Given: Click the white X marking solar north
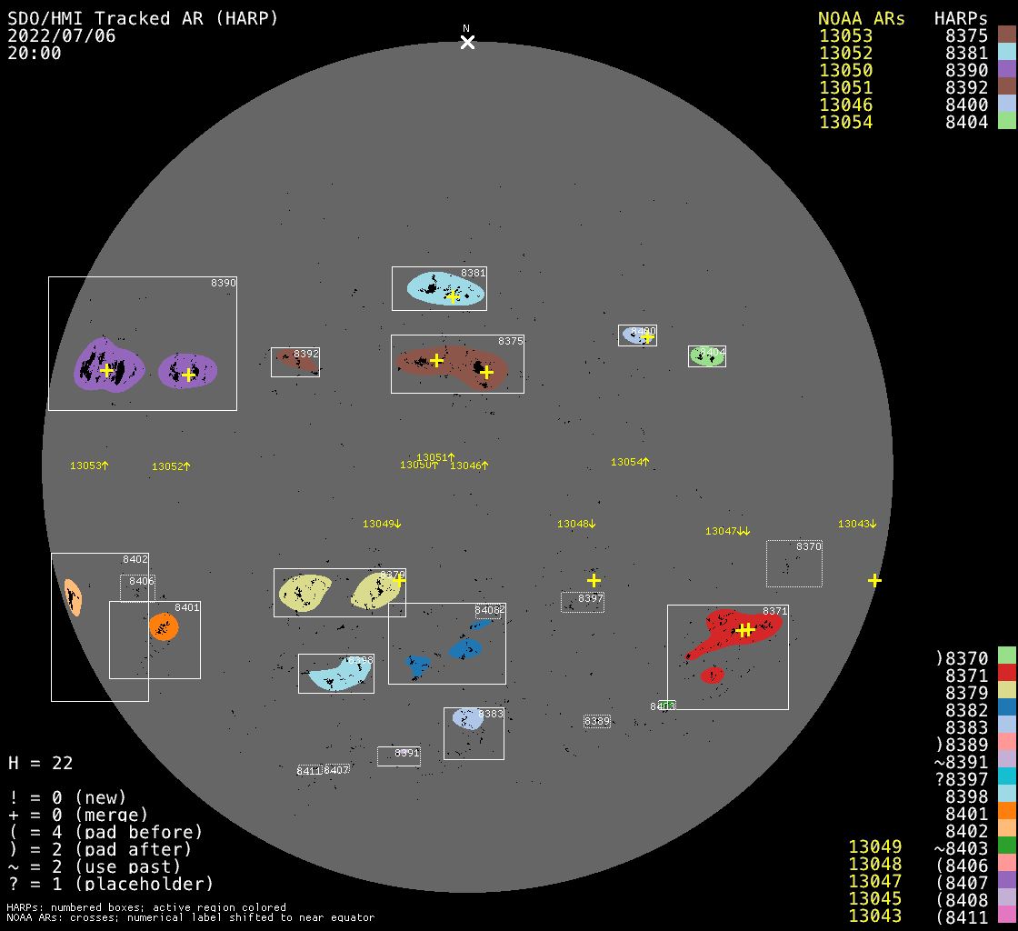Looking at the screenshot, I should pyautogui.click(x=467, y=43).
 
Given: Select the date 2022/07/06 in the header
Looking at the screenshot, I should pyautogui.click(x=62, y=36).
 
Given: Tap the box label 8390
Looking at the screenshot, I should pyautogui.click(x=223, y=284).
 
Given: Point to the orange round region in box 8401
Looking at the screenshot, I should pyautogui.click(x=164, y=626).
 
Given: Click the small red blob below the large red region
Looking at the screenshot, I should pyautogui.click(x=713, y=675).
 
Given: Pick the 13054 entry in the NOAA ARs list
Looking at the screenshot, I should pyautogui.click(x=845, y=122).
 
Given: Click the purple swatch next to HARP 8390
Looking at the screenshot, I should pyautogui.click(x=1006, y=70).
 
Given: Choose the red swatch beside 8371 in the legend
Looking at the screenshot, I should pyautogui.click(x=1006, y=673).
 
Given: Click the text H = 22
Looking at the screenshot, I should pyautogui.click(x=40, y=764).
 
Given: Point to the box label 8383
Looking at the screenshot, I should pyautogui.click(x=491, y=715).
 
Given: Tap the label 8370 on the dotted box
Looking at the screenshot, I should pyautogui.click(x=808, y=547).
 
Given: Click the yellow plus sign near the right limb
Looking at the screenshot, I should pyautogui.click(x=874, y=580).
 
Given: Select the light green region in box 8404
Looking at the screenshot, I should pyautogui.click(x=706, y=357).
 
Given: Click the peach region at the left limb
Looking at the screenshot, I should pyautogui.click(x=73, y=597).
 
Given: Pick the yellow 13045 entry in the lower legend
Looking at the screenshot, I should pyautogui.click(x=874, y=898).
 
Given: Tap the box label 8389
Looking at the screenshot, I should pyautogui.click(x=597, y=722).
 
